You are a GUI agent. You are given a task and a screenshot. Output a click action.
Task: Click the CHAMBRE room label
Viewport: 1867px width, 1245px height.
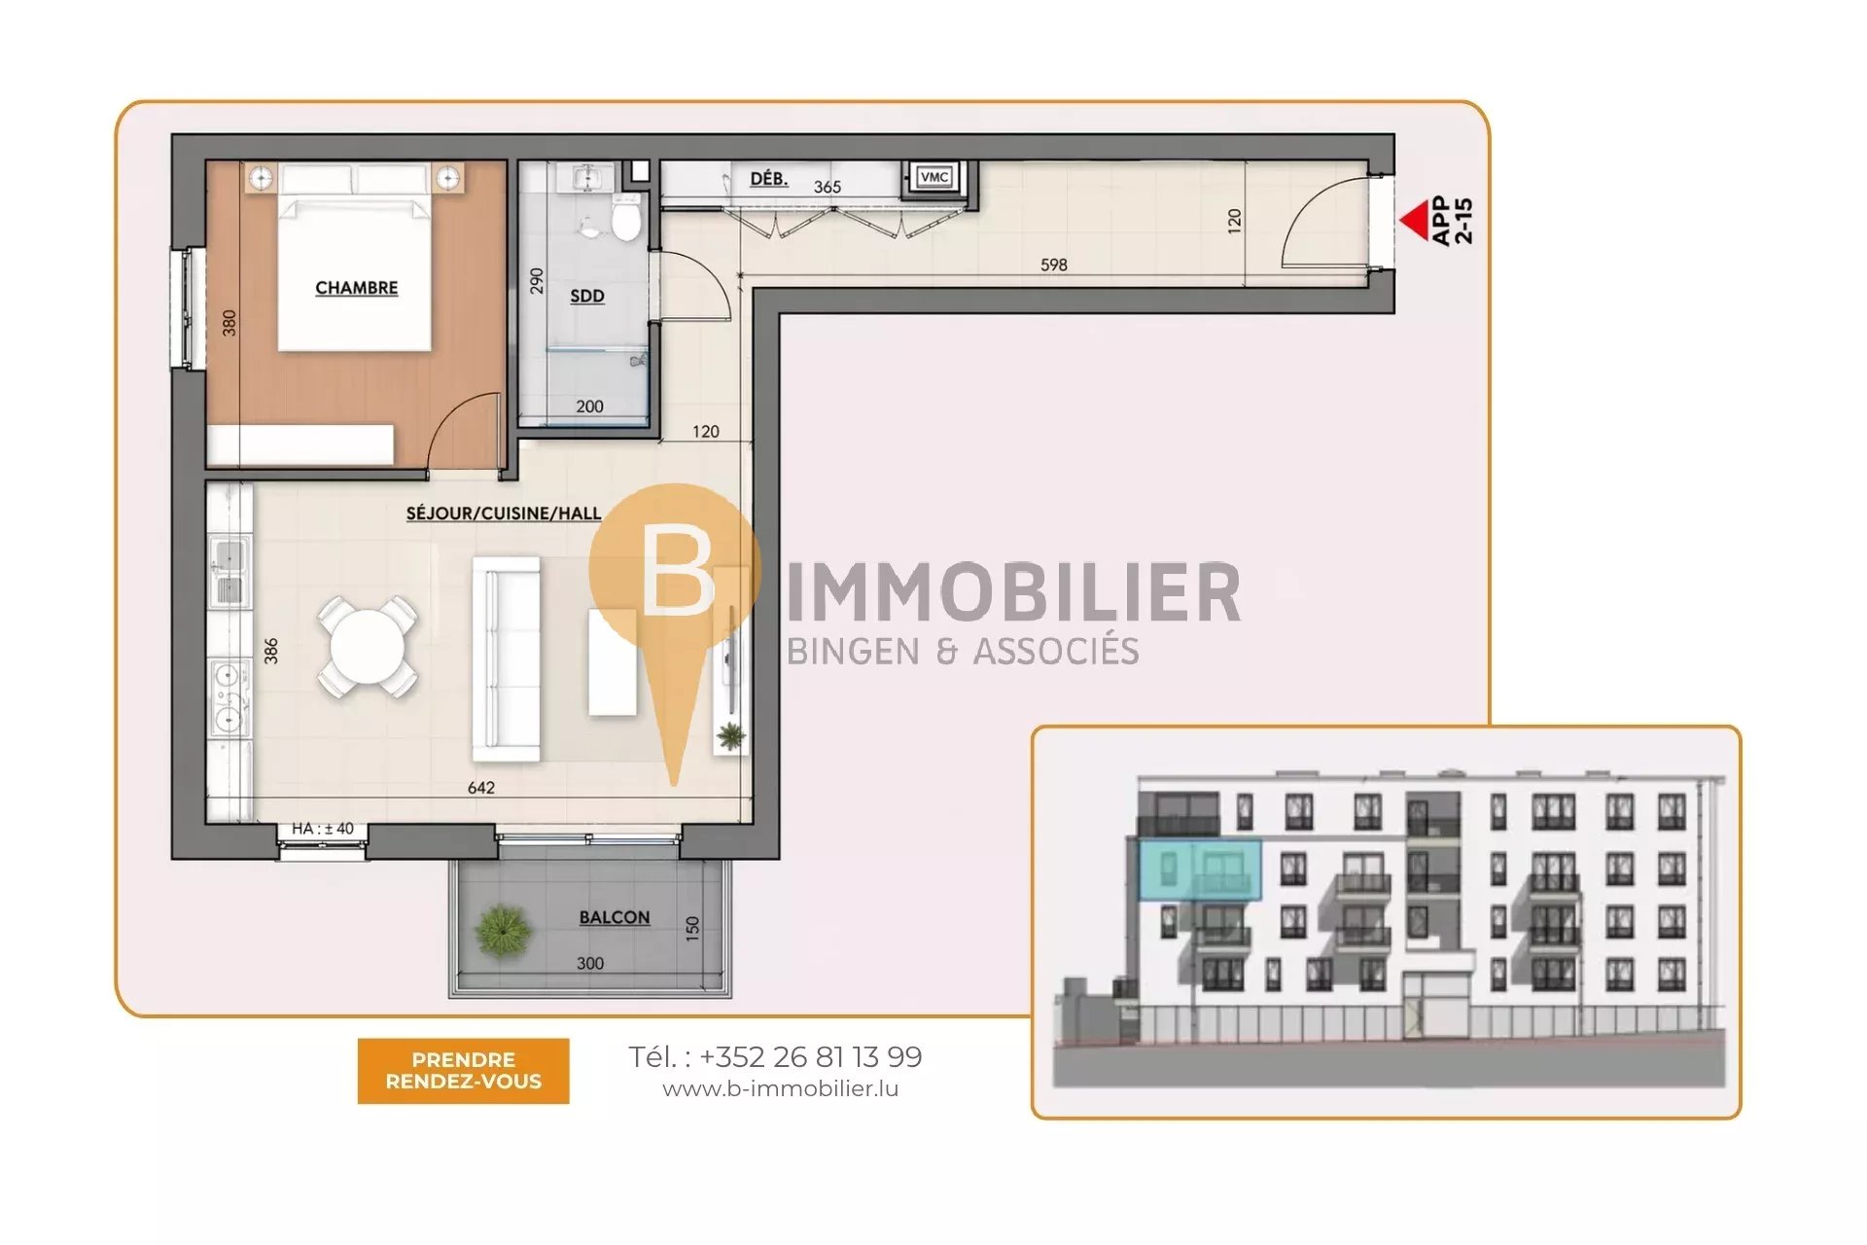click(x=356, y=288)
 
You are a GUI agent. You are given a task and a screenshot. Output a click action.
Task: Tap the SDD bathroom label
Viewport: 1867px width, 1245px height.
click(x=587, y=296)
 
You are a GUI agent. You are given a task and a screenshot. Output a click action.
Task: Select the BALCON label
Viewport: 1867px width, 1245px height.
click(x=615, y=917)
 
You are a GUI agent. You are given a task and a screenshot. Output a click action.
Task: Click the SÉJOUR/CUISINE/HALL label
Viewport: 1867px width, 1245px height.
click(x=504, y=513)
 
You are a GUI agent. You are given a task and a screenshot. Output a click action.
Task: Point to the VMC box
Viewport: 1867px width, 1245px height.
click(x=934, y=177)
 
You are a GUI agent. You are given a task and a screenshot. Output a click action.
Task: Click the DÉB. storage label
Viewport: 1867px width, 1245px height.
click(x=769, y=178)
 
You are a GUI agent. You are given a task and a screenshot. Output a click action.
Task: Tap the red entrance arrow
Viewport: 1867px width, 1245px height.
click(x=1413, y=220)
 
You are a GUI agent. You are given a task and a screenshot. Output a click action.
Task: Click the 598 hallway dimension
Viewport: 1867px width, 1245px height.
click(x=1054, y=265)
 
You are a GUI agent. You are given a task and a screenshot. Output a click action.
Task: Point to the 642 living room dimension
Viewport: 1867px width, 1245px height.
click(x=481, y=788)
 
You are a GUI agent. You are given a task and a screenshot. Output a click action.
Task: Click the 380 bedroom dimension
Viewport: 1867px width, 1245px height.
click(x=229, y=323)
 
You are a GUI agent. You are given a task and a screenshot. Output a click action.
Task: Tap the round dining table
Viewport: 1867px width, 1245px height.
click(x=369, y=646)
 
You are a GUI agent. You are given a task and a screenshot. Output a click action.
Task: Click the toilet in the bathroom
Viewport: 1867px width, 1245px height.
click(x=626, y=217)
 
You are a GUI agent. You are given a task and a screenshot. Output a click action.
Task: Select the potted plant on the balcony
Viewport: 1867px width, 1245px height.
click(x=503, y=931)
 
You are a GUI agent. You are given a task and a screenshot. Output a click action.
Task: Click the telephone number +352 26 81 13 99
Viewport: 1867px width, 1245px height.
click(x=810, y=1056)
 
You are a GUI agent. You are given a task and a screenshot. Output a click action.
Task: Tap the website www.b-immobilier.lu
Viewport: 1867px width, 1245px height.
click(x=781, y=1089)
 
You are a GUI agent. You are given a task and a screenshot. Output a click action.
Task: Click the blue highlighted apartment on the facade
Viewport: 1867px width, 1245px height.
click(x=1200, y=870)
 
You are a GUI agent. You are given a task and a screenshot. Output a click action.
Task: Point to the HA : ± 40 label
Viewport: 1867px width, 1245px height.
click(x=323, y=829)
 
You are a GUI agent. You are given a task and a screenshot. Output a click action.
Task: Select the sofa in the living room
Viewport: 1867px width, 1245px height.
click(x=506, y=658)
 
